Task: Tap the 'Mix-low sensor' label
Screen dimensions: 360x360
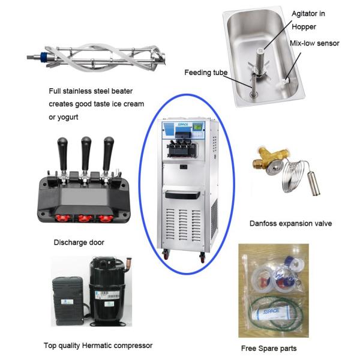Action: click(x=315, y=43)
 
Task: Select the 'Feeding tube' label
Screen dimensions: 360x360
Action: click(x=206, y=73)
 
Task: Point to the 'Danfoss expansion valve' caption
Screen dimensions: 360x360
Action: click(x=290, y=223)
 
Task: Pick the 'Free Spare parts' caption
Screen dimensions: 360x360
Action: click(x=268, y=348)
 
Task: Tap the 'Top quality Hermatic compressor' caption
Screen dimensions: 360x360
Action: click(x=98, y=345)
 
